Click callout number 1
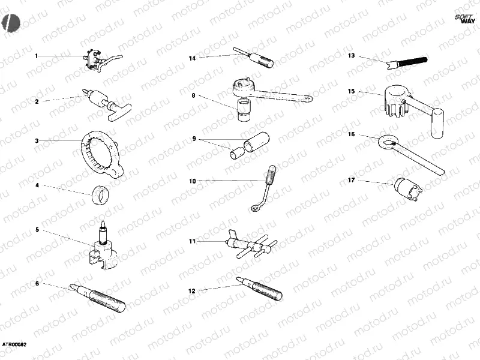(x=36, y=56)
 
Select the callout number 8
(x=193, y=95)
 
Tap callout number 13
(x=352, y=56)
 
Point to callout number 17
(x=352, y=179)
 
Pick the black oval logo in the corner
(x=11, y=21)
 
